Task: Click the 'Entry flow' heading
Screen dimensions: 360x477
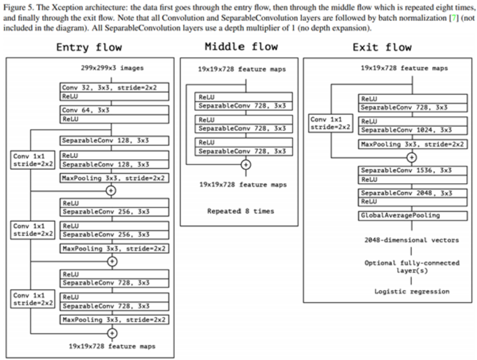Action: pos(89,48)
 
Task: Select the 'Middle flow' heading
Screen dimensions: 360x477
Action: pos(241,47)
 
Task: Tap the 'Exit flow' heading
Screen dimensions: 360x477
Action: pos(382,47)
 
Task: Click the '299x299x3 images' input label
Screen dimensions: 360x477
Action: pos(111,68)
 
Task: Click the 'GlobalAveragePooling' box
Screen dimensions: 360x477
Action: pos(413,216)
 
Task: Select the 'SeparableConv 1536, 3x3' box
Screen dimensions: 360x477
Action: pos(413,170)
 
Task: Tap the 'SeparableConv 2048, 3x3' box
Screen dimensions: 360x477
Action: pos(413,193)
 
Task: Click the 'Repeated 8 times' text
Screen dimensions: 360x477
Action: pos(241,211)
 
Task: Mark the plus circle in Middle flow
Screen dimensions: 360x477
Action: pos(245,165)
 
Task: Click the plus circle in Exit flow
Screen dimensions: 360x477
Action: pos(411,157)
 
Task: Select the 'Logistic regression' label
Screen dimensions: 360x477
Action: pos(412,291)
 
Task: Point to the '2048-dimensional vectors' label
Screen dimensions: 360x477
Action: pos(412,240)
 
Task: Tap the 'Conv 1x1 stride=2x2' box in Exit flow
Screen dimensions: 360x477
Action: pos(330,123)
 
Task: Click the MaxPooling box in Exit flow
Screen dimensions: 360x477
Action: pos(413,144)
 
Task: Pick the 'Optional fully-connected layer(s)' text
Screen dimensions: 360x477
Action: pos(412,266)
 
